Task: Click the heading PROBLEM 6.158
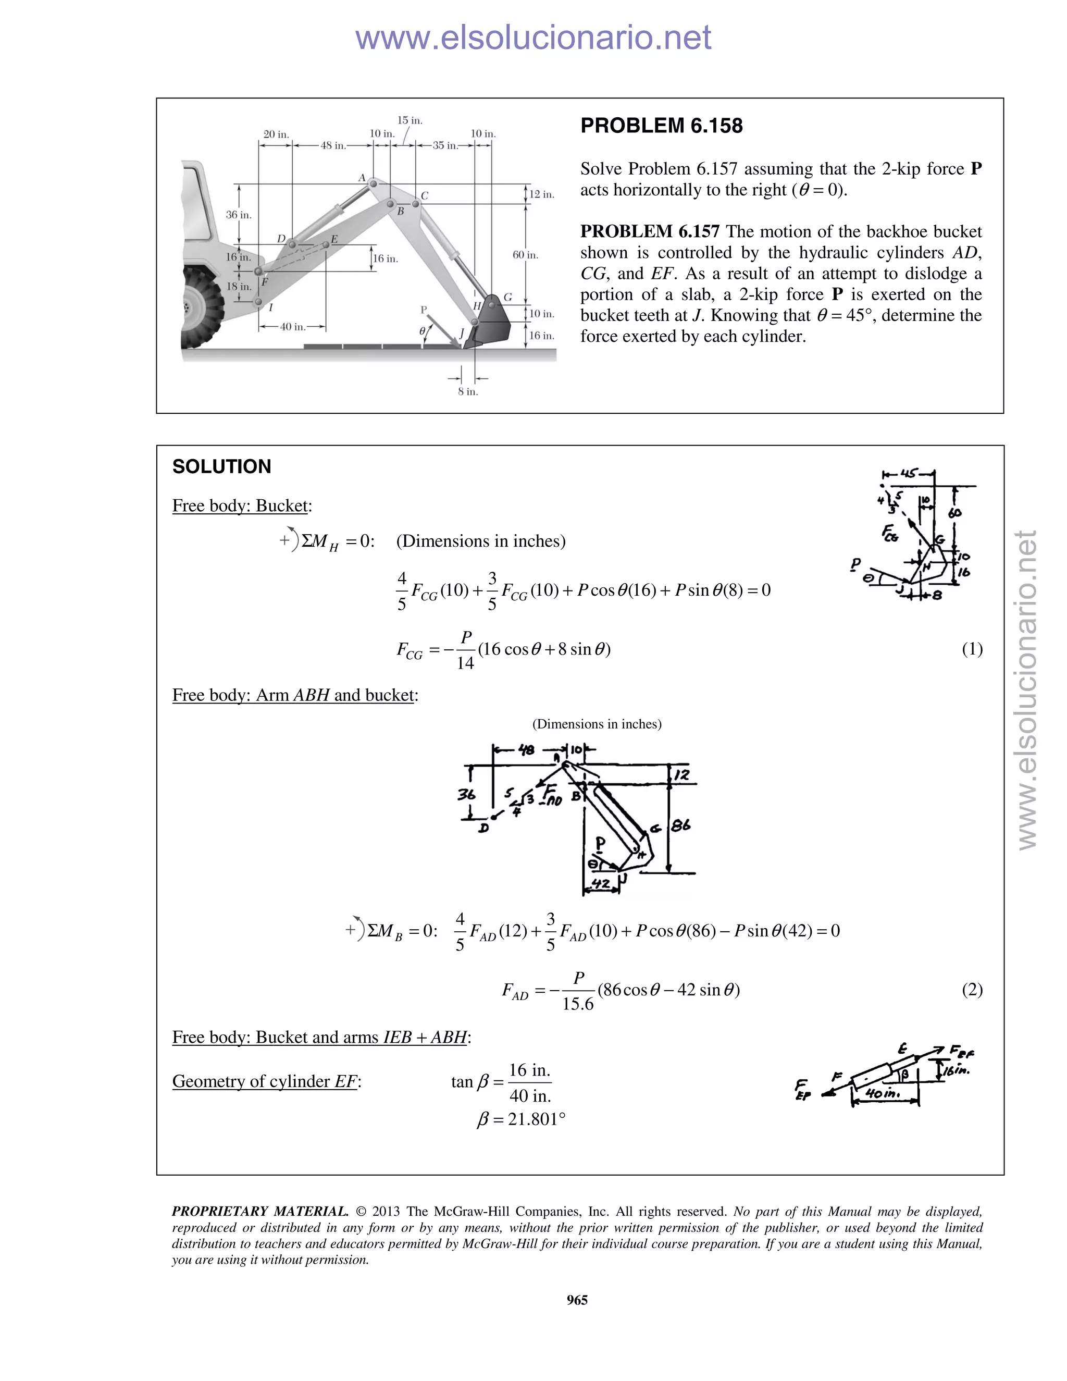[661, 126]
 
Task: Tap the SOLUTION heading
[221, 466]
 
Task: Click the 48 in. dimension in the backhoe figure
[333, 145]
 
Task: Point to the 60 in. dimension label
[525, 255]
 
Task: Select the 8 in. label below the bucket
[468, 392]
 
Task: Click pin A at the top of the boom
[373, 183]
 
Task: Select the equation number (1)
[972, 649]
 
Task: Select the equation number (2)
[972, 989]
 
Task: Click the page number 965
[577, 1300]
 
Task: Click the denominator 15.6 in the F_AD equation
[578, 1004]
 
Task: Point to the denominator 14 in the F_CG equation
[465, 663]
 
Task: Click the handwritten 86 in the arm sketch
[681, 825]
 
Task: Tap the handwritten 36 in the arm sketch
[466, 794]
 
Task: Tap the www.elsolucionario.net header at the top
[533, 38]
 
